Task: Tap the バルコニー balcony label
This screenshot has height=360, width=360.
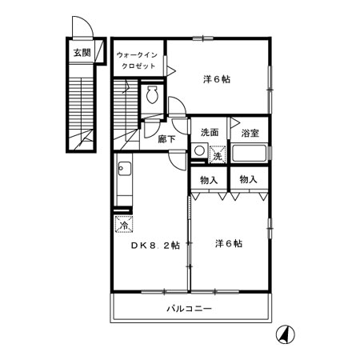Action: [x=190, y=308]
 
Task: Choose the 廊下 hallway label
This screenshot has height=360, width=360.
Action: [x=166, y=138]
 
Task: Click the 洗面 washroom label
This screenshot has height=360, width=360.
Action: [x=210, y=133]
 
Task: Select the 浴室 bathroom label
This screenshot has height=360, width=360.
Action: [x=249, y=133]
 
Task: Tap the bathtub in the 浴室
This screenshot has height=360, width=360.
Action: [x=250, y=154]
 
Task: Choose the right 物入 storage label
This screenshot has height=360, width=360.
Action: [x=249, y=179]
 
